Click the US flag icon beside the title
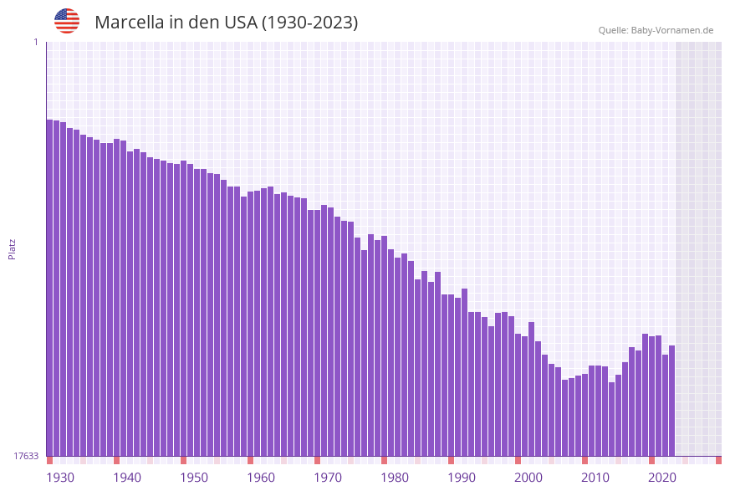[x=67, y=21]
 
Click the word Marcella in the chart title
[x=130, y=23]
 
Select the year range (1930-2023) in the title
[x=309, y=23]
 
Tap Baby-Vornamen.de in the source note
[x=671, y=30]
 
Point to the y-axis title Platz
[x=13, y=248]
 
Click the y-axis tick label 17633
[x=26, y=456]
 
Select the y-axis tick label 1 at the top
[x=35, y=42]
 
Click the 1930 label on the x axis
[x=60, y=478]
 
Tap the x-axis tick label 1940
[x=127, y=478]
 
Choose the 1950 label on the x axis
[x=194, y=478]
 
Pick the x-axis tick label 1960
[x=261, y=478]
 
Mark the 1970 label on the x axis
[x=328, y=478]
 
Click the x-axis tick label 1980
[x=395, y=478]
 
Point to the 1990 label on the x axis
[x=462, y=478]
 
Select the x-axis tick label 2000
[x=528, y=478]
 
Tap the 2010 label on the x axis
[x=595, y=478]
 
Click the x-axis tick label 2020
[x=662, y=478]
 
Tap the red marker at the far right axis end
[x=718, y=460]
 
